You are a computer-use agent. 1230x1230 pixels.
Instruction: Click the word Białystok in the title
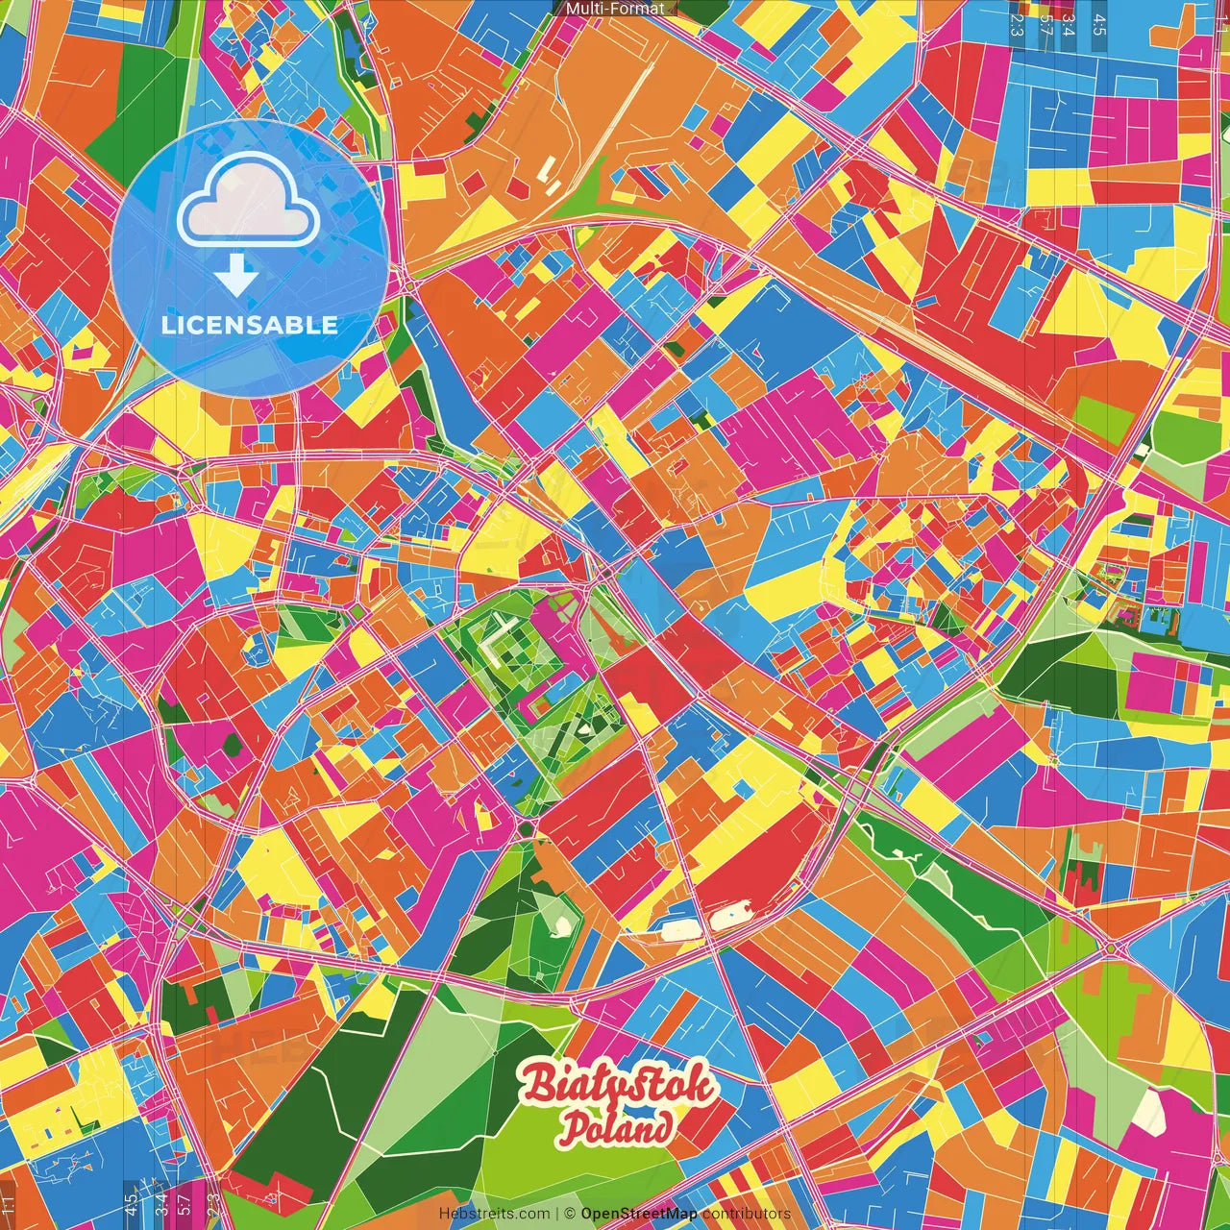coord(618,1086)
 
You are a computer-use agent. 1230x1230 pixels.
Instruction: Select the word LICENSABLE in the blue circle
coord(250,325)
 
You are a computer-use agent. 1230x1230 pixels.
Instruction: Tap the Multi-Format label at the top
coord(615,9)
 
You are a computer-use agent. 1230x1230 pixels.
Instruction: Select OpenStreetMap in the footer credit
coord(638,1215)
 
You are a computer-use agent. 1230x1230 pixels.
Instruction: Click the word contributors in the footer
coord(747,1215)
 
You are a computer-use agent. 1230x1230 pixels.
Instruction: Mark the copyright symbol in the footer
coord(570,1215)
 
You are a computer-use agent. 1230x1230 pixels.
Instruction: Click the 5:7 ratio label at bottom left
coord(184,1201)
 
